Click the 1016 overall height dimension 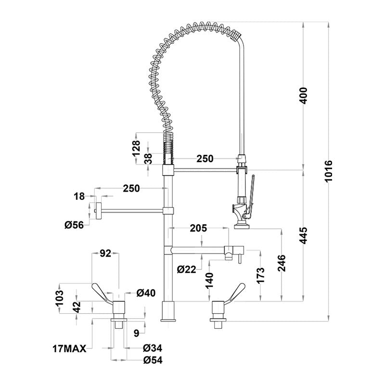pos(329,171)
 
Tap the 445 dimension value pos(303,234)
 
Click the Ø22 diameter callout pos(186,269)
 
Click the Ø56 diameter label pos(74,224)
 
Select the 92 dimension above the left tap pos(105,252)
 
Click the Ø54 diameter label pos(152,359)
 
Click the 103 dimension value pos(60,297)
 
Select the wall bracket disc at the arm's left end pos(98,211)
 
